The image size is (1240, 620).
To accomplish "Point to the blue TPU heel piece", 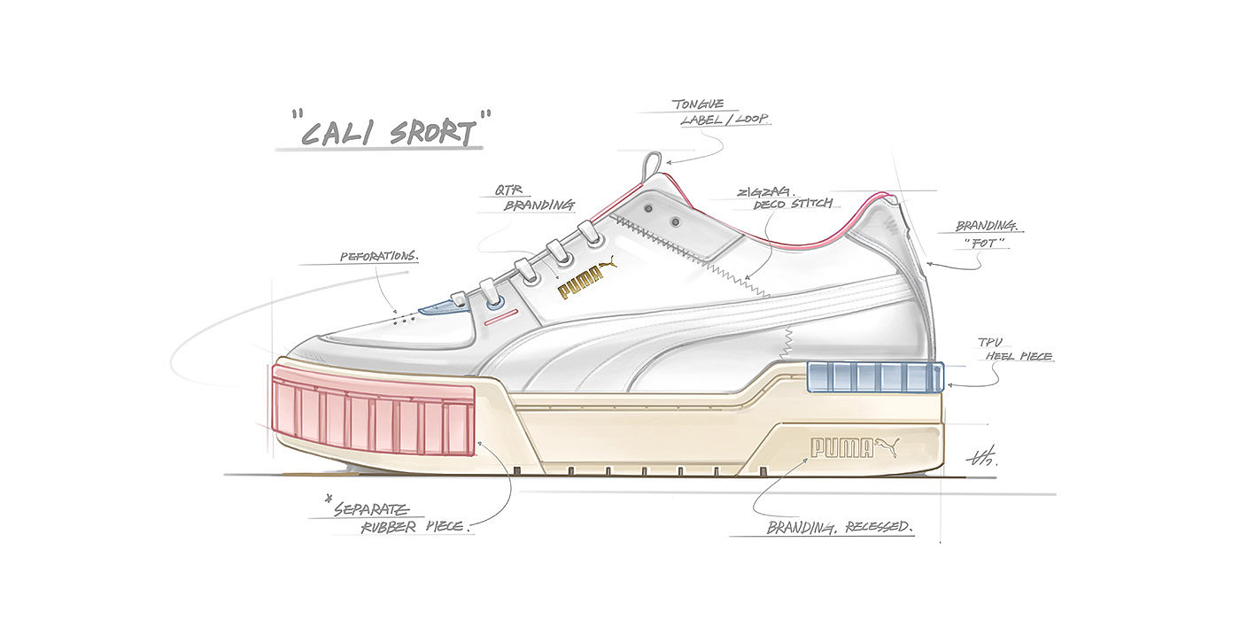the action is [874, 376].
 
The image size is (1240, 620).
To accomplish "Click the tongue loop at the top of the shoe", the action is [653, 164].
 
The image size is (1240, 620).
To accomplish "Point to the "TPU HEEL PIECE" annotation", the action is [1014, 349].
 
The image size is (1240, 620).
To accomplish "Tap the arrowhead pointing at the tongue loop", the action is [669, 162].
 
